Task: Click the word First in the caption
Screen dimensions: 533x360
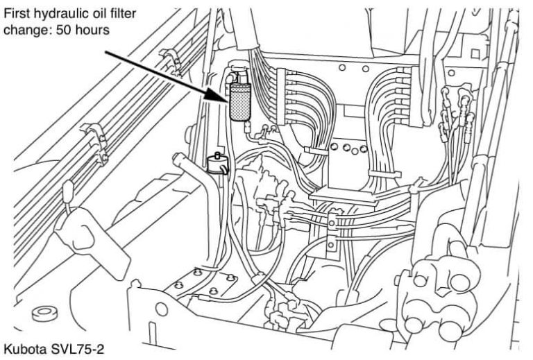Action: tap(16, 13)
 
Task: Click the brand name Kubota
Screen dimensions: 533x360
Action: tap(25, 349)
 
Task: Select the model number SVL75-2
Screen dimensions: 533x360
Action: tap(77, 349)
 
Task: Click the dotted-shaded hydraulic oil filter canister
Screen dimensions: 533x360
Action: tap(239, 101)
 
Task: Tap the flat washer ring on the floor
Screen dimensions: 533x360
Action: tap(45, 314)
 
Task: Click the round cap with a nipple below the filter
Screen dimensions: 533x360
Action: tap(217, 164)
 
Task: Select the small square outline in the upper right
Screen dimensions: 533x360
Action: tap(475, 53)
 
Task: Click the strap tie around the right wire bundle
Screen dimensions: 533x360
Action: tap(385, 173)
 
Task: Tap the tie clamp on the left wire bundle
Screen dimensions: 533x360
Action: tap(316, 151)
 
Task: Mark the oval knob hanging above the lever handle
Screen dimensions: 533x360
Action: tap(67, 187)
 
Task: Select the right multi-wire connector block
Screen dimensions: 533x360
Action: tap(416, 96)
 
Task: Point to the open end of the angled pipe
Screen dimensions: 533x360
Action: tap(178, 157)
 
